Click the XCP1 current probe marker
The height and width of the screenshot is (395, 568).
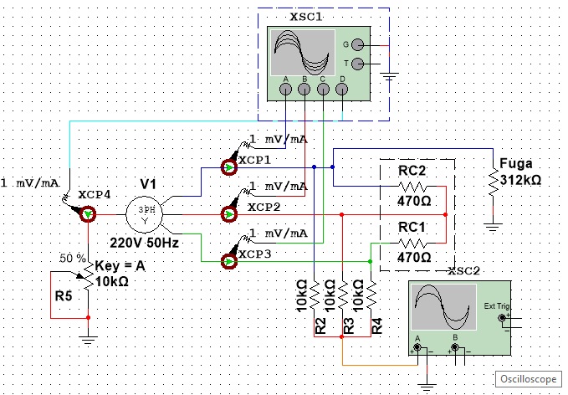[x=229, y=167]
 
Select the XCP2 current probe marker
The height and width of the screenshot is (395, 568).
[x=229, y=214]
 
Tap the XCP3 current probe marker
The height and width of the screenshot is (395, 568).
[x=229, y=261]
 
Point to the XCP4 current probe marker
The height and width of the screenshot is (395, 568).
[x=88, y=214]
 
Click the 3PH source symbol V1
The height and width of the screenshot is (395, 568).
[x=144, y=214]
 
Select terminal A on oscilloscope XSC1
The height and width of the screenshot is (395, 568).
[x=285, y=90]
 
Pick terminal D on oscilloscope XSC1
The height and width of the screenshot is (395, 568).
[x=341, y=90]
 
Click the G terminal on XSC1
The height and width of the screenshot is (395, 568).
[x=357, y=45]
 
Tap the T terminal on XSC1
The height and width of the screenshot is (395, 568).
[x=357, y=64]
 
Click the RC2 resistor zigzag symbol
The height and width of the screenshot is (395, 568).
[x=412, y=187]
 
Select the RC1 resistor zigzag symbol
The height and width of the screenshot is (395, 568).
[x=412, y=244]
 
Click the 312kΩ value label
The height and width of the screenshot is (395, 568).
[x=520, y=180]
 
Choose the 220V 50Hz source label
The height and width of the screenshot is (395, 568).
[x=144, y=243]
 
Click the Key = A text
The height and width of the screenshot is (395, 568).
[x=120, y=266]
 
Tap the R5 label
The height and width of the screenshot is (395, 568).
[x=64, y=296]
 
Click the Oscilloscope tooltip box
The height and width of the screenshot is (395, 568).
[x=528, y=379]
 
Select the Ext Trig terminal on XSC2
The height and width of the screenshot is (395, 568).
[x=502, y=318]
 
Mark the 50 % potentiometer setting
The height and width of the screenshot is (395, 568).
[x=73, y=259]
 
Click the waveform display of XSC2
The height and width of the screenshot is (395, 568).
[x=444, y=307]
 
